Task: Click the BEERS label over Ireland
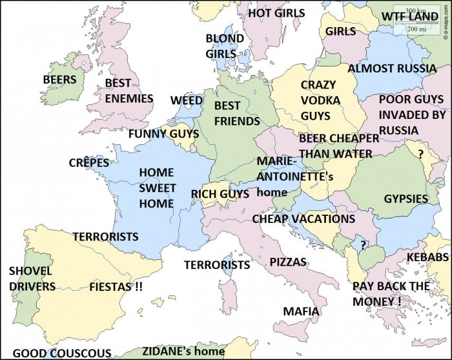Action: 59,80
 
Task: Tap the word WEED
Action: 187,101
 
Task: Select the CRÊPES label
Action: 89,163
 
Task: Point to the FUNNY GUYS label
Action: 163,134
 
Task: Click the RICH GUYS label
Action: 220,194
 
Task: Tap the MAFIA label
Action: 301,312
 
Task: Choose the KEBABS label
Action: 427,258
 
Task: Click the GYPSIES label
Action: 406,199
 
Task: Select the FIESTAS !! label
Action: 116,286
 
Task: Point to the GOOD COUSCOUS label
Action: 62,353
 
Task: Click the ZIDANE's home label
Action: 183,352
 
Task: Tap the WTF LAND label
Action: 410,17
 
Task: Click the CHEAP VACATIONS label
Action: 303,219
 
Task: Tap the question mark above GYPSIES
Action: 420,154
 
